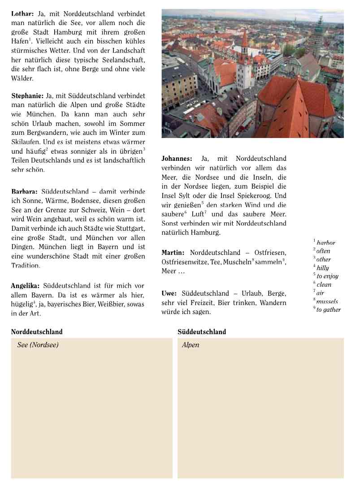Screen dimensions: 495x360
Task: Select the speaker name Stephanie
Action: click(x=27, y=96)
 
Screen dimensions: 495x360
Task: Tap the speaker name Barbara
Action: click(x=24, y=192)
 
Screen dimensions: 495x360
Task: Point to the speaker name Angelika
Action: click(x=25, y=286)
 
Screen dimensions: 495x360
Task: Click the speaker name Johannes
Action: click(x=177, y=159)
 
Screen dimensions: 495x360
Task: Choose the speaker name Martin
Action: click(x=173, y=253)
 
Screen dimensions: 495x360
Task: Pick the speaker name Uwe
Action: click(x=169, y=293)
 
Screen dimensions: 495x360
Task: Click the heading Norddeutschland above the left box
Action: click(x=37, y=332)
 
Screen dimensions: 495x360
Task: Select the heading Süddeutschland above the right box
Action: click(x=202, y=332)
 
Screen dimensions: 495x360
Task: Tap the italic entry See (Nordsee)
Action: click(x=38, y=345)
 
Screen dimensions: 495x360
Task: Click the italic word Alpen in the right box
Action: click(x=191, y=345)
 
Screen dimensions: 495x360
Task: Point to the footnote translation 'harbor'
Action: click(x=326, y=243)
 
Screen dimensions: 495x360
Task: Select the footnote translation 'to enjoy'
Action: click(x=327, y=276)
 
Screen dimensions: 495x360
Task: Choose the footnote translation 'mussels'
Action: click(x=327, y=301)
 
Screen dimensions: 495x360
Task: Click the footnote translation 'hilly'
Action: click(x=323, y=268)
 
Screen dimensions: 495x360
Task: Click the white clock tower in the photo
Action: click(x=244, y=72)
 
